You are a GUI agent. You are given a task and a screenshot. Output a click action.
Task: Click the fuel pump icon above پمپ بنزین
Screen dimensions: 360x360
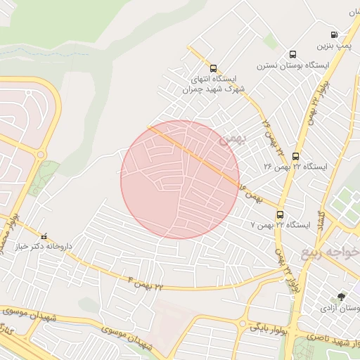pos(334,34)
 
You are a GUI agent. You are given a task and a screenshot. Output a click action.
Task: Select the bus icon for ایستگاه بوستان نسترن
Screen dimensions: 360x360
pos(292,54)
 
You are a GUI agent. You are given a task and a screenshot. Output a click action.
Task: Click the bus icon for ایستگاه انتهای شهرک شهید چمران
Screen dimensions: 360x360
pos(213,67)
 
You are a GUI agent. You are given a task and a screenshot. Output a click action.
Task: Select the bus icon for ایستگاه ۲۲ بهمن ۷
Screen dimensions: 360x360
pos(280,214)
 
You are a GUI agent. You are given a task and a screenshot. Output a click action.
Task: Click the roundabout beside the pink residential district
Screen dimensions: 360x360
pos(41,154)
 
